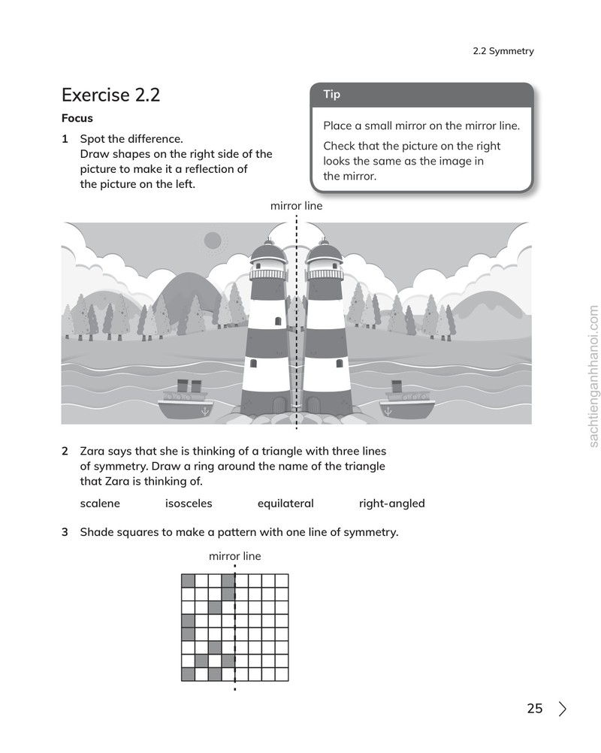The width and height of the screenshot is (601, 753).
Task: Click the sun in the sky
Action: point(213,240)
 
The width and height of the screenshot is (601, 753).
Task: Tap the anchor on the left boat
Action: point(205,411)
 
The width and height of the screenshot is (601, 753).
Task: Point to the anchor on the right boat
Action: point(388,411)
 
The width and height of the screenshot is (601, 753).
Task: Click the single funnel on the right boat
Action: point(397,386)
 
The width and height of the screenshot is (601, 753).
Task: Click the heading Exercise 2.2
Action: point(110,95)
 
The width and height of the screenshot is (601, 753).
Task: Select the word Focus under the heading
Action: point(77,118)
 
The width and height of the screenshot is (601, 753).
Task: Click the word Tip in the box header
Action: point(332,94)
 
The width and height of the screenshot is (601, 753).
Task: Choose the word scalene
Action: point(100,504)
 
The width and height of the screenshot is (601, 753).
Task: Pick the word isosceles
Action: point(189,504)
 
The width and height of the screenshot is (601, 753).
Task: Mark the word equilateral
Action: point(285,504)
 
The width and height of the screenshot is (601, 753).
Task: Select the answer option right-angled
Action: point(391,504)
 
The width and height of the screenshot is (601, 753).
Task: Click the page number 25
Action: point(535,709)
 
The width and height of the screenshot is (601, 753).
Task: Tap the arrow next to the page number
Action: point(563,709)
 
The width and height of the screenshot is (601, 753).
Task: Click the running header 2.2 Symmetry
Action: point(503,51)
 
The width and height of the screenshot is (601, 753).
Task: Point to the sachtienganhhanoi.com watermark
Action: point(593,376)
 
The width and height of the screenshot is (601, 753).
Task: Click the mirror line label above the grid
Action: point(234,556)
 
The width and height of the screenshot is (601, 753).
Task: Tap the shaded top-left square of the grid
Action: point(188,581)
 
